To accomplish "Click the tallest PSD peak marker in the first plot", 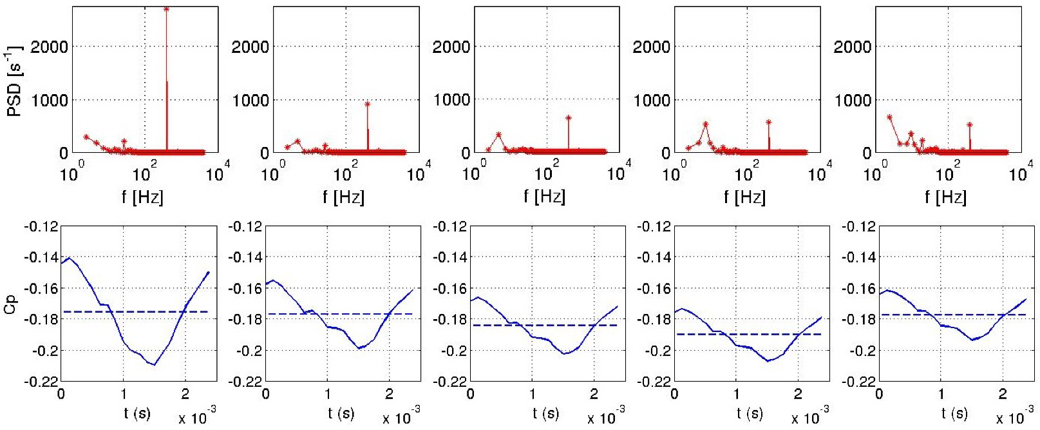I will (167, 9).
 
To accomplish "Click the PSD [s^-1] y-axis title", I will (14, 81).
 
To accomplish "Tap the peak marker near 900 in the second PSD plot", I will (368, 104).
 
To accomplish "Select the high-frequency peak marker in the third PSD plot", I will (569, 118).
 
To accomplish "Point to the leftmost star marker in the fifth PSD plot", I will (890, 117).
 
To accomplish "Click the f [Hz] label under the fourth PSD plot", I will (745, 197).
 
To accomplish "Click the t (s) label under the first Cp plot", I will (137, 413).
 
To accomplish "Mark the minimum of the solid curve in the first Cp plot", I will (154, 365).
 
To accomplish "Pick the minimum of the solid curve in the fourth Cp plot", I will (768, 360).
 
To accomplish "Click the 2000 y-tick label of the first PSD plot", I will (49, 46).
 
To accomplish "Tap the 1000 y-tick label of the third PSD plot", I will (451, 100).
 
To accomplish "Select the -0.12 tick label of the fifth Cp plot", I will (858, 226).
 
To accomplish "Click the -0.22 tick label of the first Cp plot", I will (41, 382).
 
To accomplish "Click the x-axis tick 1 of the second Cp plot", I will (328, 394).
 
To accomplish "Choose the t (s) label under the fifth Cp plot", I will (954, 413).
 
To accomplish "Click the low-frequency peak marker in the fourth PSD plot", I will (706, 124).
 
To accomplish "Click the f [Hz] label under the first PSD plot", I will (143, 197).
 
